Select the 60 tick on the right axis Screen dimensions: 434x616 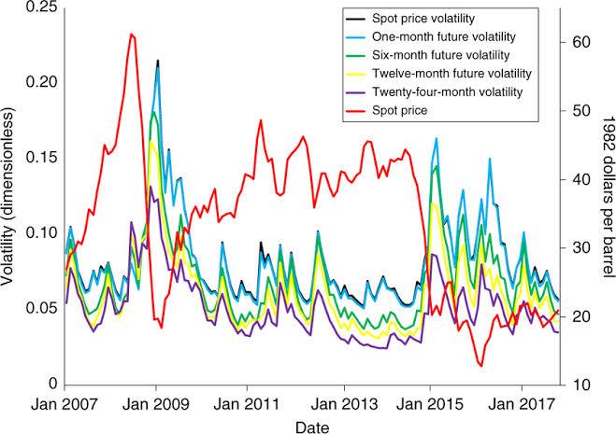click(580, 43)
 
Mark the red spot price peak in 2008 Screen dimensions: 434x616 click(132, 34)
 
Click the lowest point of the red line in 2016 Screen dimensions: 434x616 click(480, 366)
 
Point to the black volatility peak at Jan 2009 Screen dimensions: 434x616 click(157, 60)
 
